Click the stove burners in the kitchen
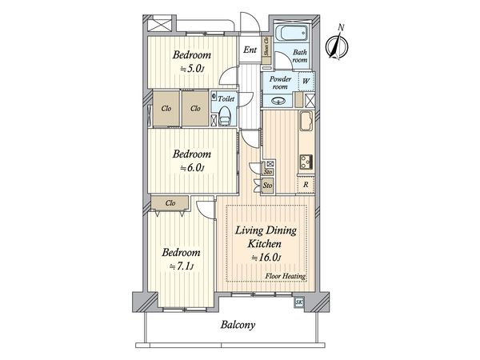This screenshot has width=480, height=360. [306, 162]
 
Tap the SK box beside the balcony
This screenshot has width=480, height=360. [298, 302]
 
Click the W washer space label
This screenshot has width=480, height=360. [306, 81]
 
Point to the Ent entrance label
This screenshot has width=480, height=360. [250, 50]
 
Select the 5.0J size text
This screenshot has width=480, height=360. [192, 69]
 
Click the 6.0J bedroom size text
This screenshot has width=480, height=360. [192, 168]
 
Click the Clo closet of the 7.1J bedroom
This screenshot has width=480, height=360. [170, 203]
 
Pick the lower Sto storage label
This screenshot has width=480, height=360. [268, 185]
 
